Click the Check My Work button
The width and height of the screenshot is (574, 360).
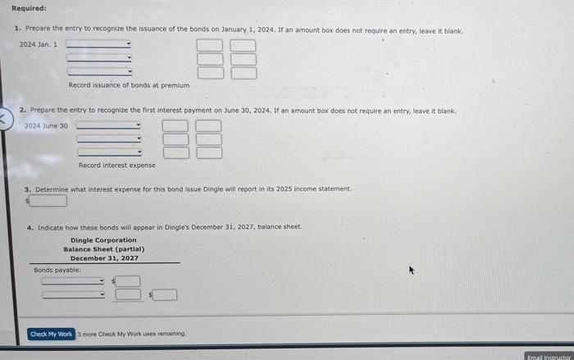tap(51, 334)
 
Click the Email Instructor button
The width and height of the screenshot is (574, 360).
tap(549, 356)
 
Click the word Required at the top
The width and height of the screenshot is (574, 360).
tap(29, 8)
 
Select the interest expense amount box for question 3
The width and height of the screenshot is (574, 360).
tap(49, 200)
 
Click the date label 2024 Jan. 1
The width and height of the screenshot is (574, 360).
tap(38, 44)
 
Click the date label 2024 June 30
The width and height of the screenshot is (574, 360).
tap(46, 125)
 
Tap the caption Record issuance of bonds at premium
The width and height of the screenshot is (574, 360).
tap(129, 85)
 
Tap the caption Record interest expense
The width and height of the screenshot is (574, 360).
tap(116, 165)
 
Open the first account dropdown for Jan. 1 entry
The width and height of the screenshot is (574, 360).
tap(98, 44)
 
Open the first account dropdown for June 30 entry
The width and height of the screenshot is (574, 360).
tap(108, 126)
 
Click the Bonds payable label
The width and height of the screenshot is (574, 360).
tap(57, 269)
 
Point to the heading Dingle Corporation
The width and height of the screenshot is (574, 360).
tap(103, 240)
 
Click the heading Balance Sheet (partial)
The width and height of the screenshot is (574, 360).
tap(103, 249)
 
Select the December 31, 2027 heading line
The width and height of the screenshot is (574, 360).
tap(103, 258)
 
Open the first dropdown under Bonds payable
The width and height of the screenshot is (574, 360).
tap(74, 281)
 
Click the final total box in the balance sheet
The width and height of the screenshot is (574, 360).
tap(165, 294)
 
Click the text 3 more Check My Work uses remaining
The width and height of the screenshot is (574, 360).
tap(132, 334)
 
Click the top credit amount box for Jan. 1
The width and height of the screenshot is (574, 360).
tap(242, 45)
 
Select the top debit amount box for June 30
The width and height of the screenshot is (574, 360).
tap(174, 126)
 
